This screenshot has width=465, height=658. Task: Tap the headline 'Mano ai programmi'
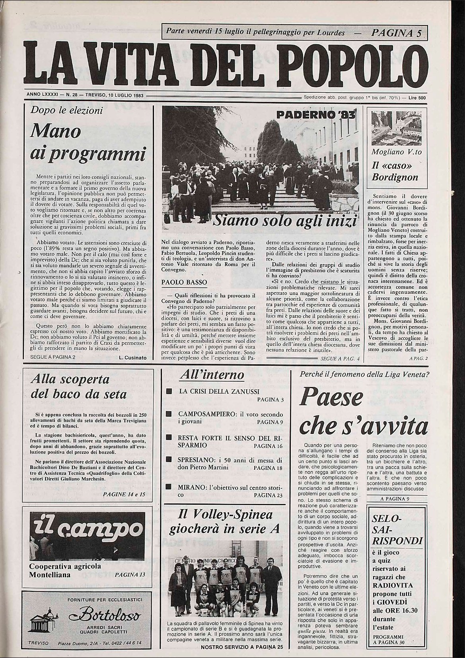point(86,143)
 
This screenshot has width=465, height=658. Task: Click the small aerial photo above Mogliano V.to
point(395,129)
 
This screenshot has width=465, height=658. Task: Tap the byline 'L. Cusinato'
point(132,358)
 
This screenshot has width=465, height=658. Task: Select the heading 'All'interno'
point(212,375)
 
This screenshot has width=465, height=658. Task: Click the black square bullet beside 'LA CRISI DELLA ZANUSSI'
point(169,391)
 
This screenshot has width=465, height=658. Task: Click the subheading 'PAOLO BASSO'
point(179,282)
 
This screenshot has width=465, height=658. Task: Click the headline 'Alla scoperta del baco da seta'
point(79,386)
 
